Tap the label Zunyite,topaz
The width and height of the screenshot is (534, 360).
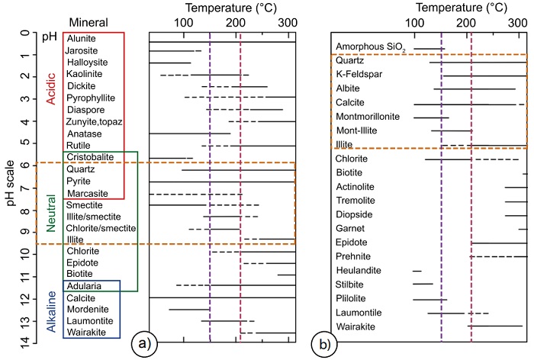coord(94,121)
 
